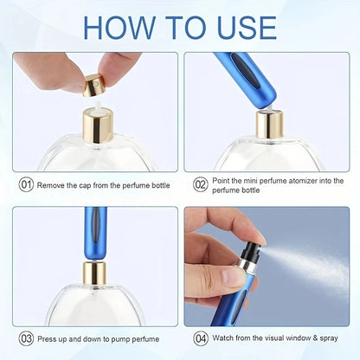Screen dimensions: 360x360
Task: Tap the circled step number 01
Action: [x=27, y=184]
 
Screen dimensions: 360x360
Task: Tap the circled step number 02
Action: [x=201, y=184]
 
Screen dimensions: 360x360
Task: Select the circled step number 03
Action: [x=27, y=339]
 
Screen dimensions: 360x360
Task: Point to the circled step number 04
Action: [x=201, y=339]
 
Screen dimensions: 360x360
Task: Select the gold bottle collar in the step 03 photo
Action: [x=93, y=274]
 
